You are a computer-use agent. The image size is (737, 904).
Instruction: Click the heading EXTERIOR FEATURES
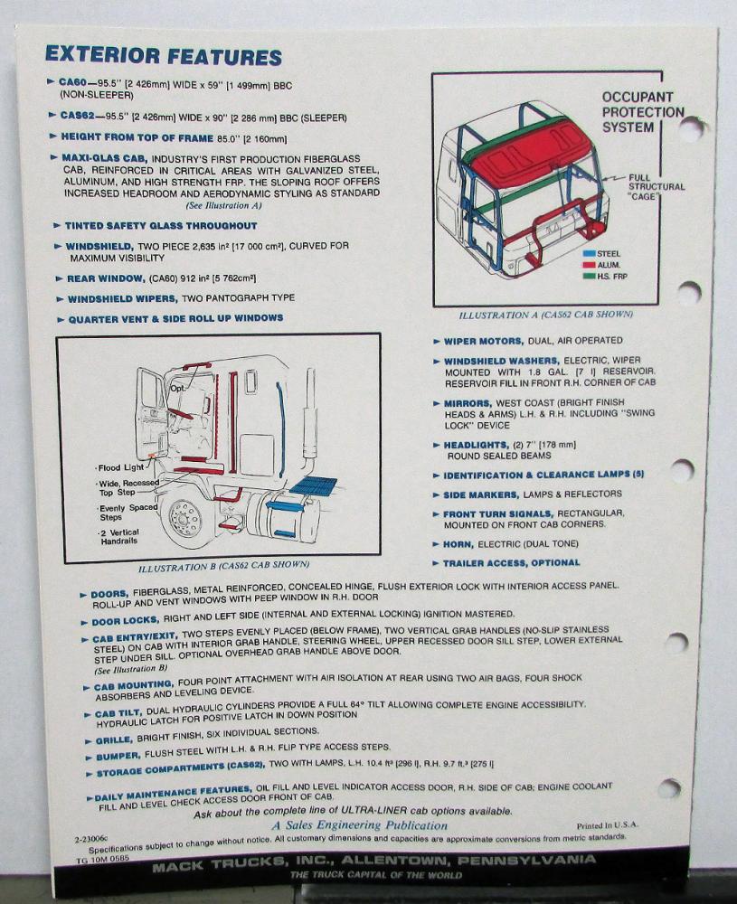click(x=164, y=55)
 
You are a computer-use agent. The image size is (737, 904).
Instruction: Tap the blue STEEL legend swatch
click(x=589, y=254)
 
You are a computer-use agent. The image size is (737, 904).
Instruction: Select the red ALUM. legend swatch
click(x=589, y=265)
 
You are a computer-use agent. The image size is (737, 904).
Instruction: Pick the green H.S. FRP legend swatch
click(x=589, y=277)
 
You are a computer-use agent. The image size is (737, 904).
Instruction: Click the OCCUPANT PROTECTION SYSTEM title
click(x=642, y=112)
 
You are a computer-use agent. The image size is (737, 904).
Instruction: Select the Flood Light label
click(x=120, y=467)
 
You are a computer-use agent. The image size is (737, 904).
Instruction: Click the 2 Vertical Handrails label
click(x=119, y=537)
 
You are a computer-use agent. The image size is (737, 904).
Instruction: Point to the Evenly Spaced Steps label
click(x=128, y=513)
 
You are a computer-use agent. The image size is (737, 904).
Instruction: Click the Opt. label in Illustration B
click(x=179, y=388)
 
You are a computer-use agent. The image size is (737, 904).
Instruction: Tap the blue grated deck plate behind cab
click(x=315, y=485)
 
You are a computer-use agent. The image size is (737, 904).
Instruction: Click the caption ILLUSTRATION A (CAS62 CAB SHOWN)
click(x=545, y=315)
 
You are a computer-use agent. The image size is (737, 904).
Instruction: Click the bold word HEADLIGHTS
click(x=476, y=445)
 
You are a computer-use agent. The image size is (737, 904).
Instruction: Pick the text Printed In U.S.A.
click(x=608, y=825)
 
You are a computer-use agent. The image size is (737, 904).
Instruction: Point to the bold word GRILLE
click(x=114, y=739)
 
